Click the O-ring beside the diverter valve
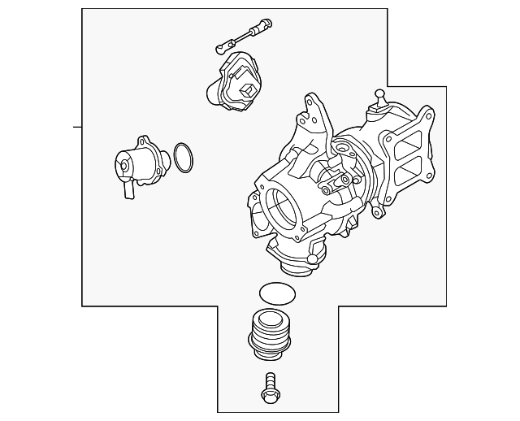[x=183, y=158]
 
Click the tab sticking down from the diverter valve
[x=127, y=189]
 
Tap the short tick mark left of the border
[x=77, y=128]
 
